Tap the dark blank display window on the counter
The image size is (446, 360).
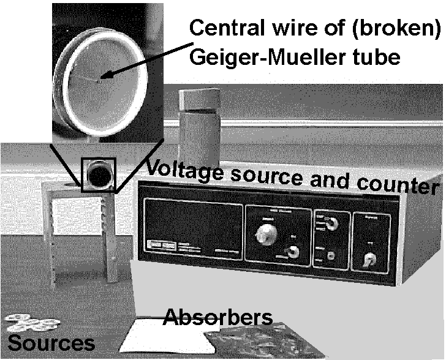coord(189,227)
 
